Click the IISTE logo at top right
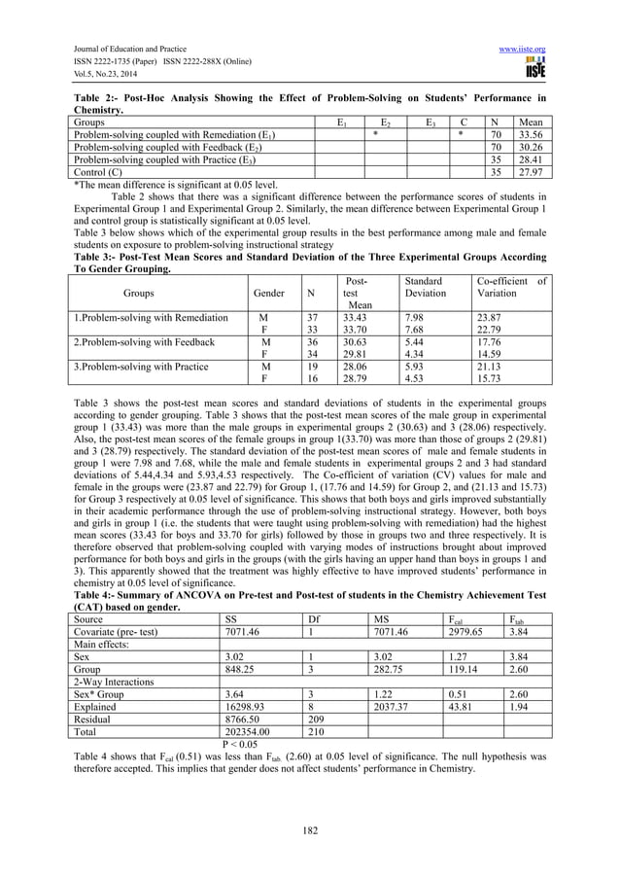(x=534, y=68)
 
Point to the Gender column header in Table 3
(x=268, y=292)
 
